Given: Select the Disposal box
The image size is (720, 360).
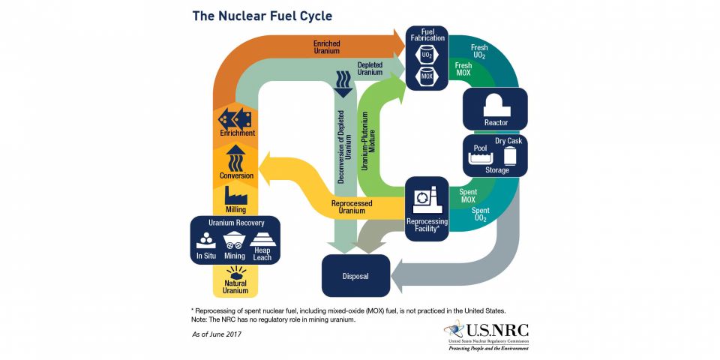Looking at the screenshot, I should click(x=355, y=275).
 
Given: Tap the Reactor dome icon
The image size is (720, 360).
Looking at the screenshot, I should click(x=495, y=103).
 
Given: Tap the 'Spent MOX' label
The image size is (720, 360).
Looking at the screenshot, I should click(x=467, y=196).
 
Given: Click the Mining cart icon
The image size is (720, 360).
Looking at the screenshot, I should click(x=235, y=241).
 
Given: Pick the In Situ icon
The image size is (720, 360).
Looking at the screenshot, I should click(x=205, y=241).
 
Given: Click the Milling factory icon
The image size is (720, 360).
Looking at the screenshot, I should click(x=236, y=196).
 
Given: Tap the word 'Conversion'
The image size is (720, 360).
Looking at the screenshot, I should click(x=236, y=175).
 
